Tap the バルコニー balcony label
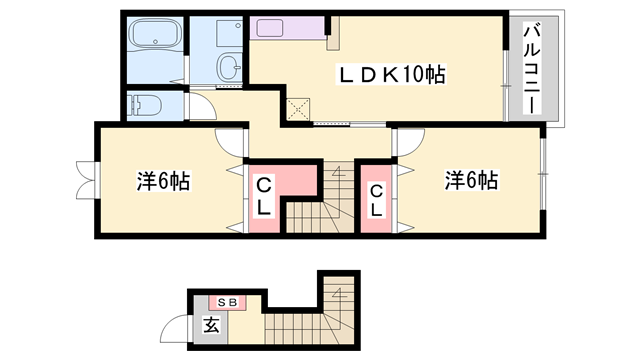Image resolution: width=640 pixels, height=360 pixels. [x=529, y=69]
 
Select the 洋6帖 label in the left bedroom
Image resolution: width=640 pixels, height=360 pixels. [x=163, y=181]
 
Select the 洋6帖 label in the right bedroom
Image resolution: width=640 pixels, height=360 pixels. [x=472, y=181]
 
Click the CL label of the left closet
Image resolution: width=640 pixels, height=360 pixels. [x=265, y=198]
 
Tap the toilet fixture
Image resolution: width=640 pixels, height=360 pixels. [x=144, y=103]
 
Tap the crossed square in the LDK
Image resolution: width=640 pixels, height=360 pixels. [x=299, y=110]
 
